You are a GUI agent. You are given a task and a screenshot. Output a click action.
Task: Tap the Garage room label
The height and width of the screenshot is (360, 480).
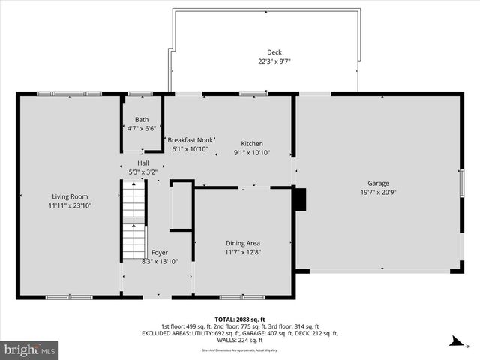(x=378, y=183)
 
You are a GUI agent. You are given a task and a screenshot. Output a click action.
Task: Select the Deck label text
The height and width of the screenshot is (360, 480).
(x=274, y=52)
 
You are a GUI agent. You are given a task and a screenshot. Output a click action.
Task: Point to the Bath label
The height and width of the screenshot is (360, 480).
(x=142, y=120)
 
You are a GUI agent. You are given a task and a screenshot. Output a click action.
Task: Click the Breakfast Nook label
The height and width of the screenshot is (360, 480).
(x=190, y=139)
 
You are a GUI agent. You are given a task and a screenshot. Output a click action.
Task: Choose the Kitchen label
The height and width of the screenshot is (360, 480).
(x=251, y=144)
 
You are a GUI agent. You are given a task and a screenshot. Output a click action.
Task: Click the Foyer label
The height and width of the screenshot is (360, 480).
(x=160, y=253)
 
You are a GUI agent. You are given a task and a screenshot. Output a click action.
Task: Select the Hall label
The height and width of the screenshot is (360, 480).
(x=143, y=163)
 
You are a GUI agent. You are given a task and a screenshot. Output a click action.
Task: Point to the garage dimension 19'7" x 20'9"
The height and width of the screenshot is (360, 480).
(x=378, y=192)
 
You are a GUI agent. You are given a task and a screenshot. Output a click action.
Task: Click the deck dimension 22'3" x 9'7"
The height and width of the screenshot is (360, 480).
(x=274, y=61)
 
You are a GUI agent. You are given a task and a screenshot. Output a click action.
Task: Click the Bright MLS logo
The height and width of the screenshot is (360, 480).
(x=30, y=349)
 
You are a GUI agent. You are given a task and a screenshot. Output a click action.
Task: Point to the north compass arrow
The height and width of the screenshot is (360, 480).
(x=454, y=343)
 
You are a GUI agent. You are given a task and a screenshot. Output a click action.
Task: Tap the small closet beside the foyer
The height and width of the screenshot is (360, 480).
(x=181, y=206)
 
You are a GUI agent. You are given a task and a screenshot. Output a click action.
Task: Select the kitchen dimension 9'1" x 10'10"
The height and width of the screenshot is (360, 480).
(x=251, y=153)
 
